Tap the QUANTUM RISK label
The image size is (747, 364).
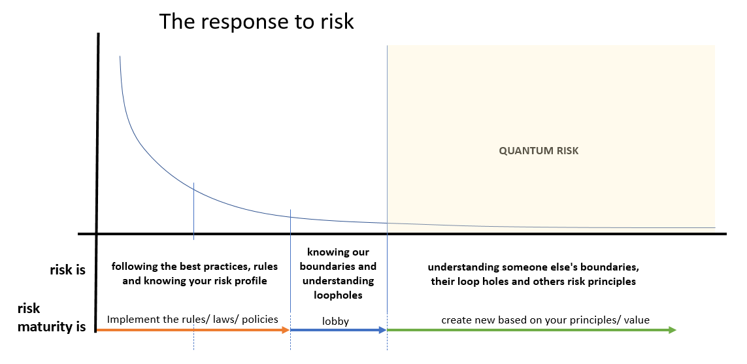tap(539, 151)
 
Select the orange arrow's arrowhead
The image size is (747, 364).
tap(286, 330)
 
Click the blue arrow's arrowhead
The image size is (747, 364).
tap(382, 330)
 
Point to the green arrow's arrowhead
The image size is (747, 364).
tap(672, 330)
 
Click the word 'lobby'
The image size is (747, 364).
tap(335, 321)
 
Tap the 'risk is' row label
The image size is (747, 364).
tap(68, 270)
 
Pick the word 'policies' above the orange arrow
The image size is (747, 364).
tap(260, 319)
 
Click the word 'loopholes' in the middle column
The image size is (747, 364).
tap(338, 295)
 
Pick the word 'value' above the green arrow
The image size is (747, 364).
tap(637, 320)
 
